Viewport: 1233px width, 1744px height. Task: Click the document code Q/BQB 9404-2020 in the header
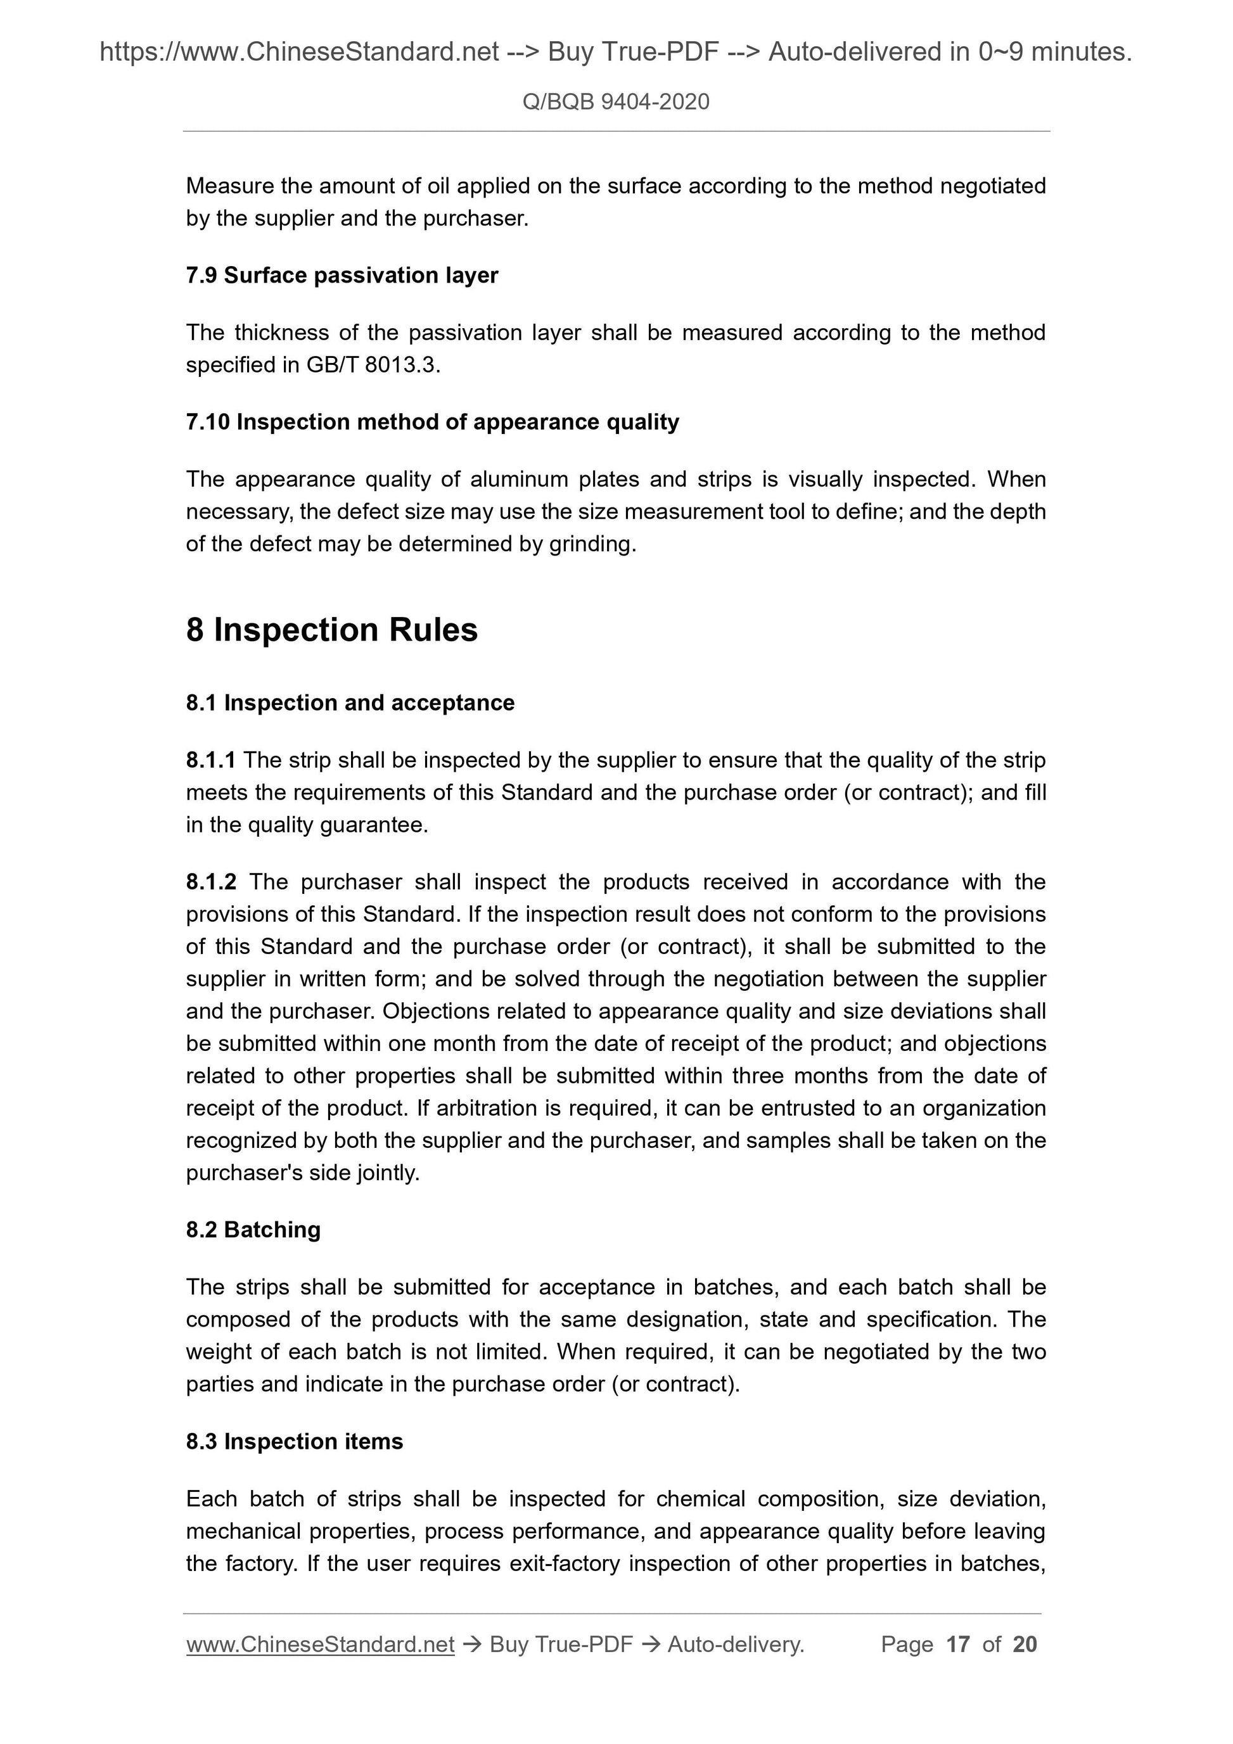pos(615,102)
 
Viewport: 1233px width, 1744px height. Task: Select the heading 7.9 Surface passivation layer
pos(342,275)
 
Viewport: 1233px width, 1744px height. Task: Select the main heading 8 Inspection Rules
pos(331,630)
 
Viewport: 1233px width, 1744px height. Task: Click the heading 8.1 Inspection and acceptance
pos(350,703)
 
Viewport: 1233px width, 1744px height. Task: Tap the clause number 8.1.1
pos(210,760)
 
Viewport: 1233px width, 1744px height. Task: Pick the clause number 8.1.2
pos(211,881)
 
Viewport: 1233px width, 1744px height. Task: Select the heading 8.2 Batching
pos(253,1229)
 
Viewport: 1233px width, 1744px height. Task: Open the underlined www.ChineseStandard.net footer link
pos(320,1645)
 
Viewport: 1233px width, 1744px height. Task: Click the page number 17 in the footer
pos(958,1645)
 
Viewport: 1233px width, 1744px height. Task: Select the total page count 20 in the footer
pos(1025,1645)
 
